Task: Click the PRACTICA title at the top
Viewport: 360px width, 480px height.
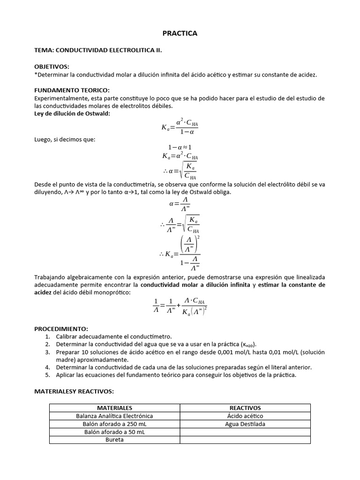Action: point(180,33)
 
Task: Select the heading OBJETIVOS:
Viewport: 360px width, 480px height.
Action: point(52,67)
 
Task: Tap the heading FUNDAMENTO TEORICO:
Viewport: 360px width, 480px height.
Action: point(72,90)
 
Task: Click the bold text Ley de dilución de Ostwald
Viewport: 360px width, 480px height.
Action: point(72,113)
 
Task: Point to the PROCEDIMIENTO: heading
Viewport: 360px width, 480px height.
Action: point(61,329)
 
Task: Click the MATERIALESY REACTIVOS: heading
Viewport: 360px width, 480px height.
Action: point(74,391)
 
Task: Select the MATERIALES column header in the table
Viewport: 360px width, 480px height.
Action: point(114,408)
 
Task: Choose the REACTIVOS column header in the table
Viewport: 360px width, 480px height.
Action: point(245,408)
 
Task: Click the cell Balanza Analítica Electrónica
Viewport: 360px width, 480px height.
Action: point(114,416)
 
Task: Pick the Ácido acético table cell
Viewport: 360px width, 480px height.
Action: point(245,416)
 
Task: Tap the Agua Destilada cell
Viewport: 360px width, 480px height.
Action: point(245,424)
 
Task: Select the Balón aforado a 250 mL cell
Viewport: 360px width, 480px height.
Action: point(114,424)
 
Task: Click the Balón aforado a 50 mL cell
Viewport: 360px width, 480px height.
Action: point(114,432)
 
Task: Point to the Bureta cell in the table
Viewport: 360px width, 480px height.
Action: point(114,440)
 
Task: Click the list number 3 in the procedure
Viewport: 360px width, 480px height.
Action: point(47,352)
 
